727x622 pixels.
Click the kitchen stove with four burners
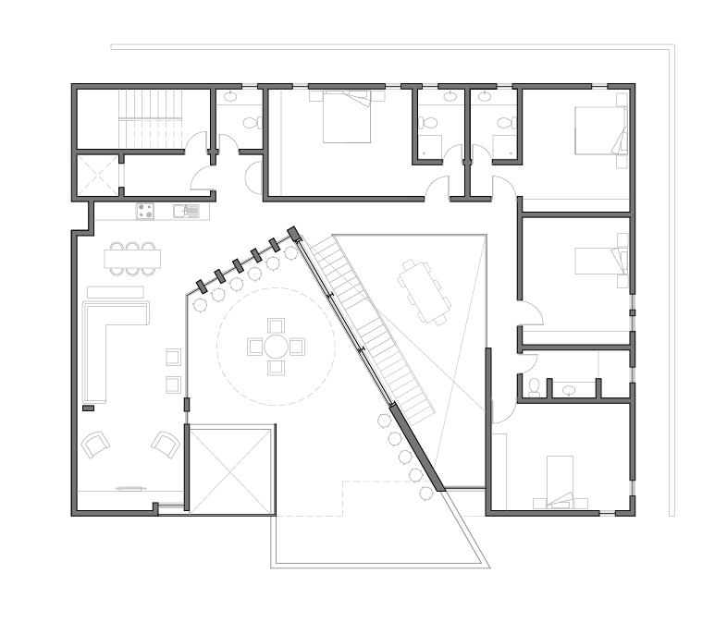(x=145, y=211)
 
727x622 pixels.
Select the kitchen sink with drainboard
(x=186, y=211)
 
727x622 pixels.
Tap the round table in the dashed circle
(x=276, y=347)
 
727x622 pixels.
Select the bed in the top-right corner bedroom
(x=600, y=129)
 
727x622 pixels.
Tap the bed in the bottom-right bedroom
(x=565, y=481)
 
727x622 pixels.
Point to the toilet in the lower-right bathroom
(x=535, y=386)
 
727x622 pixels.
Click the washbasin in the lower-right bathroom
(x=566, y=388)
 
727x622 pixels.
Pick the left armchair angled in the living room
(x=95, y=445)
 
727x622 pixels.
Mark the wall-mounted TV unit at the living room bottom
(x=129, y=487)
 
